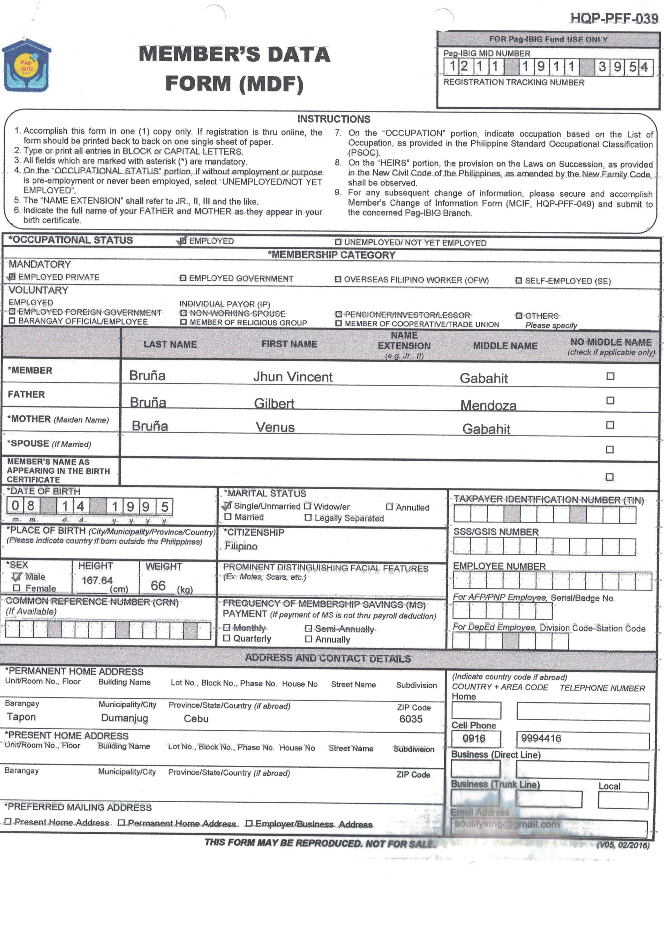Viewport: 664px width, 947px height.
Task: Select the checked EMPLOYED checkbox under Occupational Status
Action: pos(182,241)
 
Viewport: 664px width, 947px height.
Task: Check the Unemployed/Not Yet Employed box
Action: pos(338,242)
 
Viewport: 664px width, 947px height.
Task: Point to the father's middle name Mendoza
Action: pos(488,405)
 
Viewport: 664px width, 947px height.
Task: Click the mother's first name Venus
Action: pos(275,427)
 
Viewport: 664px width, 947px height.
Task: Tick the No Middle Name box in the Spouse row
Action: pos(609,449)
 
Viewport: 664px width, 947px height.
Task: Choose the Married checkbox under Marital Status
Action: pos(228,517)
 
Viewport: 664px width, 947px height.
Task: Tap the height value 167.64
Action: pos(97,580)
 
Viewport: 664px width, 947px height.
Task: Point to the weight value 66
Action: pos(158,585)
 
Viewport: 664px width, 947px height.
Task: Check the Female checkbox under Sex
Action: pos(17,588)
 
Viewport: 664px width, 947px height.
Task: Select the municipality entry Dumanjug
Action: pos(124,718)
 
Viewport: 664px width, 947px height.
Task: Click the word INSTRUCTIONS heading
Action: pos(334,119)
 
